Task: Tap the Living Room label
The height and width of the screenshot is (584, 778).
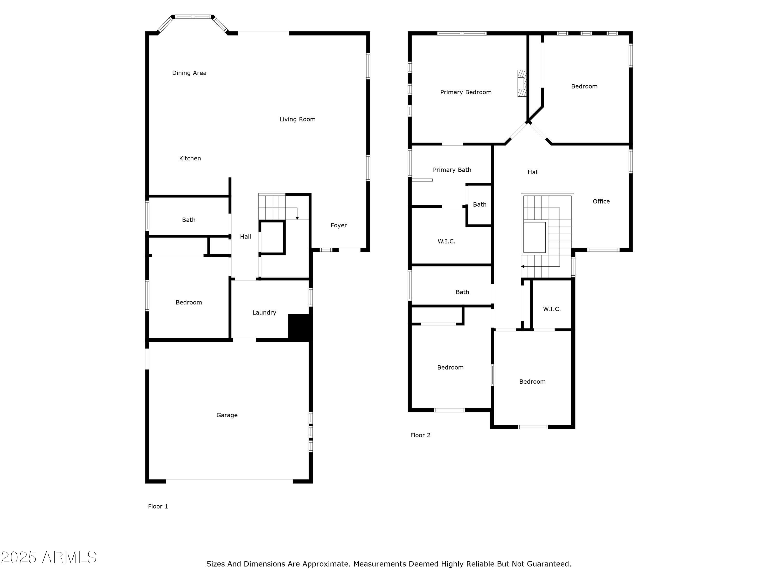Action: click(x=297, y=119)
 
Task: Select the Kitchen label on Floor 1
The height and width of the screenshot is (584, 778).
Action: click(x=190, y=158)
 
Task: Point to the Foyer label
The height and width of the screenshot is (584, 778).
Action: click(x=339, y=225)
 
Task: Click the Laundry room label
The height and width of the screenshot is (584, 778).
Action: click(x=264, y=313)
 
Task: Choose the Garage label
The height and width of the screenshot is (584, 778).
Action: click(x=227, y=415)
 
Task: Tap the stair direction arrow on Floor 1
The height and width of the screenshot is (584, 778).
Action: click(x=297, y=218)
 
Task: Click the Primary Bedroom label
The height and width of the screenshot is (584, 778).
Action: click(x=466, y=92)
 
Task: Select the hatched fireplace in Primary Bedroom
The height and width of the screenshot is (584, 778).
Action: click(x=522, y=83)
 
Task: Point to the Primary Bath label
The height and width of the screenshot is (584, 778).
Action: click(x=452, y=170)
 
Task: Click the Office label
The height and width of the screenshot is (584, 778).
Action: click(x=601, y=201)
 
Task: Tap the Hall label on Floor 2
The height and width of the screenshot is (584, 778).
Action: click(x=533, y=172)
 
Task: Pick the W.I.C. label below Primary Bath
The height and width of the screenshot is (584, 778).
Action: click(x=446, y=241)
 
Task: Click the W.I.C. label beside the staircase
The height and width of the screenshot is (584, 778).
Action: click(x=552, y=309)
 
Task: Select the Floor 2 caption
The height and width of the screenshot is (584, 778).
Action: click(x=420, y=435)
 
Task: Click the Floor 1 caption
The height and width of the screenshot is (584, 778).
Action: click(x=158, y=506)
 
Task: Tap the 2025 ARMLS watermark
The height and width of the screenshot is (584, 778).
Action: click(x=49, y=558)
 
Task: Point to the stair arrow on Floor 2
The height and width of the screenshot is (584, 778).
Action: click(x=523, y=267)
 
